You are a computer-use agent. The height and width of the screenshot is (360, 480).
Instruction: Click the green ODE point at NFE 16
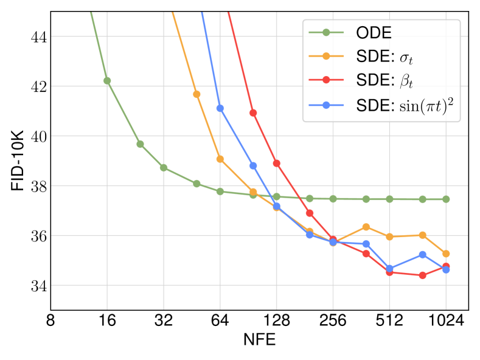tap(107, 80)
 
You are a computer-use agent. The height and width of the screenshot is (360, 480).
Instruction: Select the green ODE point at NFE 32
tap(164, 168)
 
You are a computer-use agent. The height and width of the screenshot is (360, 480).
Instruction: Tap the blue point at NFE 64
tap(220, 108)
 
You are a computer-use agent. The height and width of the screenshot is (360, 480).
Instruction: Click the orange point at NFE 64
tap(220, 159)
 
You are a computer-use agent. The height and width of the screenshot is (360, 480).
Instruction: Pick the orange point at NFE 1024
tap(446, 254)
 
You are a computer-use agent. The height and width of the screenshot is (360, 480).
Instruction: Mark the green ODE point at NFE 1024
tap(446, 199)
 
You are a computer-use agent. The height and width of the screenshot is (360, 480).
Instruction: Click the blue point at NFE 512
tap(389, 268)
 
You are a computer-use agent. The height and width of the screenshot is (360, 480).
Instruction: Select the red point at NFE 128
tap(277, 163)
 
